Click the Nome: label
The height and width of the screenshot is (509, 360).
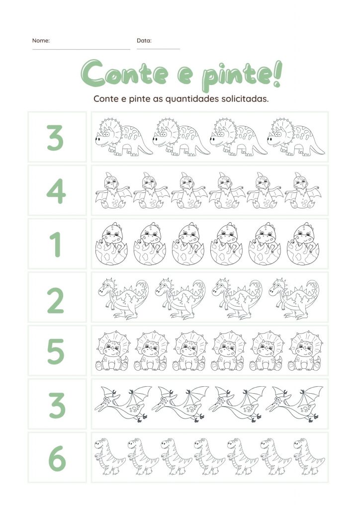[41, 41]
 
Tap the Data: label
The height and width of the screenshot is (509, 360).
[144, 41]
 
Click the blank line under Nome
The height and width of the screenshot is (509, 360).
[81, 49]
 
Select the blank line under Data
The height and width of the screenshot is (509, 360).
[158, 49]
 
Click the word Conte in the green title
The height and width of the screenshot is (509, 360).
[125, 74]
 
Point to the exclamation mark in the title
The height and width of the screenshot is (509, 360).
[277, 75]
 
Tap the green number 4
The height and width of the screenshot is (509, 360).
[57, 191]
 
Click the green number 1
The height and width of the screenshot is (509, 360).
[56, 245]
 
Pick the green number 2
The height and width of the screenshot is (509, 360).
[56, 301]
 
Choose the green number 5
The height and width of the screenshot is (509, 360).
[56, 351]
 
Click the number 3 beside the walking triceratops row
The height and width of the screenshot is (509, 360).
[55, 138]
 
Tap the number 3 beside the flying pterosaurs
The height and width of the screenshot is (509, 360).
[57, 406]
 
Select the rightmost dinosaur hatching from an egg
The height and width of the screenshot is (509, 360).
[303, 244]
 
